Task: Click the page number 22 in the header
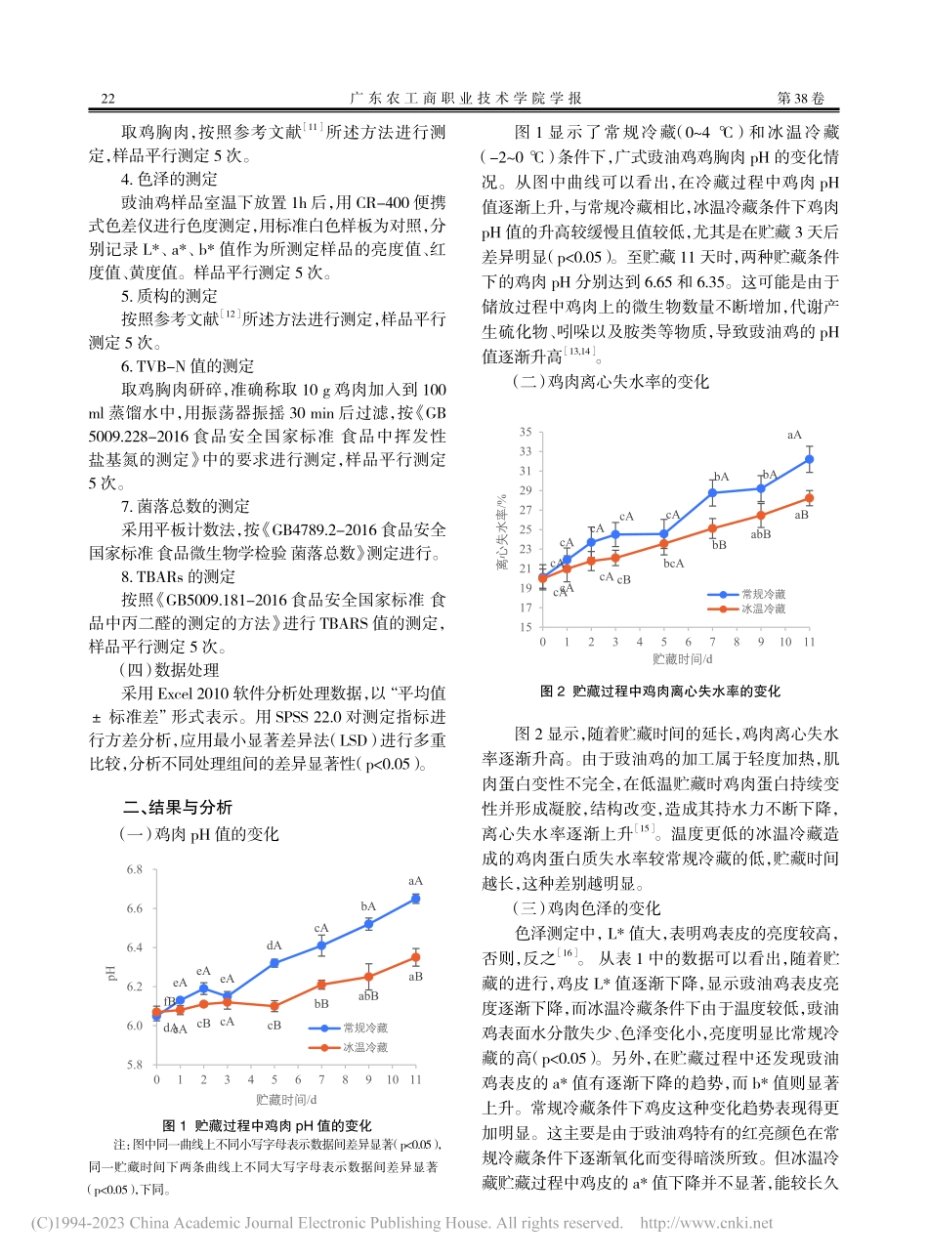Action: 108,98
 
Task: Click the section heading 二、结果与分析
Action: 177,807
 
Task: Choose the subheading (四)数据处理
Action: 169,670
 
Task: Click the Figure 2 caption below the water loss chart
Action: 660,691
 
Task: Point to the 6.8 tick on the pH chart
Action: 134,869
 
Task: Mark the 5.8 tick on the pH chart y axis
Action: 134,1065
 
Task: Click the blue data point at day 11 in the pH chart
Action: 415,899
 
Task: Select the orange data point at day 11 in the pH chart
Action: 415,957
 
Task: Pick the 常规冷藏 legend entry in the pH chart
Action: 364,1028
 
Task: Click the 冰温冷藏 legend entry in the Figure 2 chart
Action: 762,608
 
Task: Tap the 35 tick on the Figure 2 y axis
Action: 525,432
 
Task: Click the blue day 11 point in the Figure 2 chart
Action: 809,459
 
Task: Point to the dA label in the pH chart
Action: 274,945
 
